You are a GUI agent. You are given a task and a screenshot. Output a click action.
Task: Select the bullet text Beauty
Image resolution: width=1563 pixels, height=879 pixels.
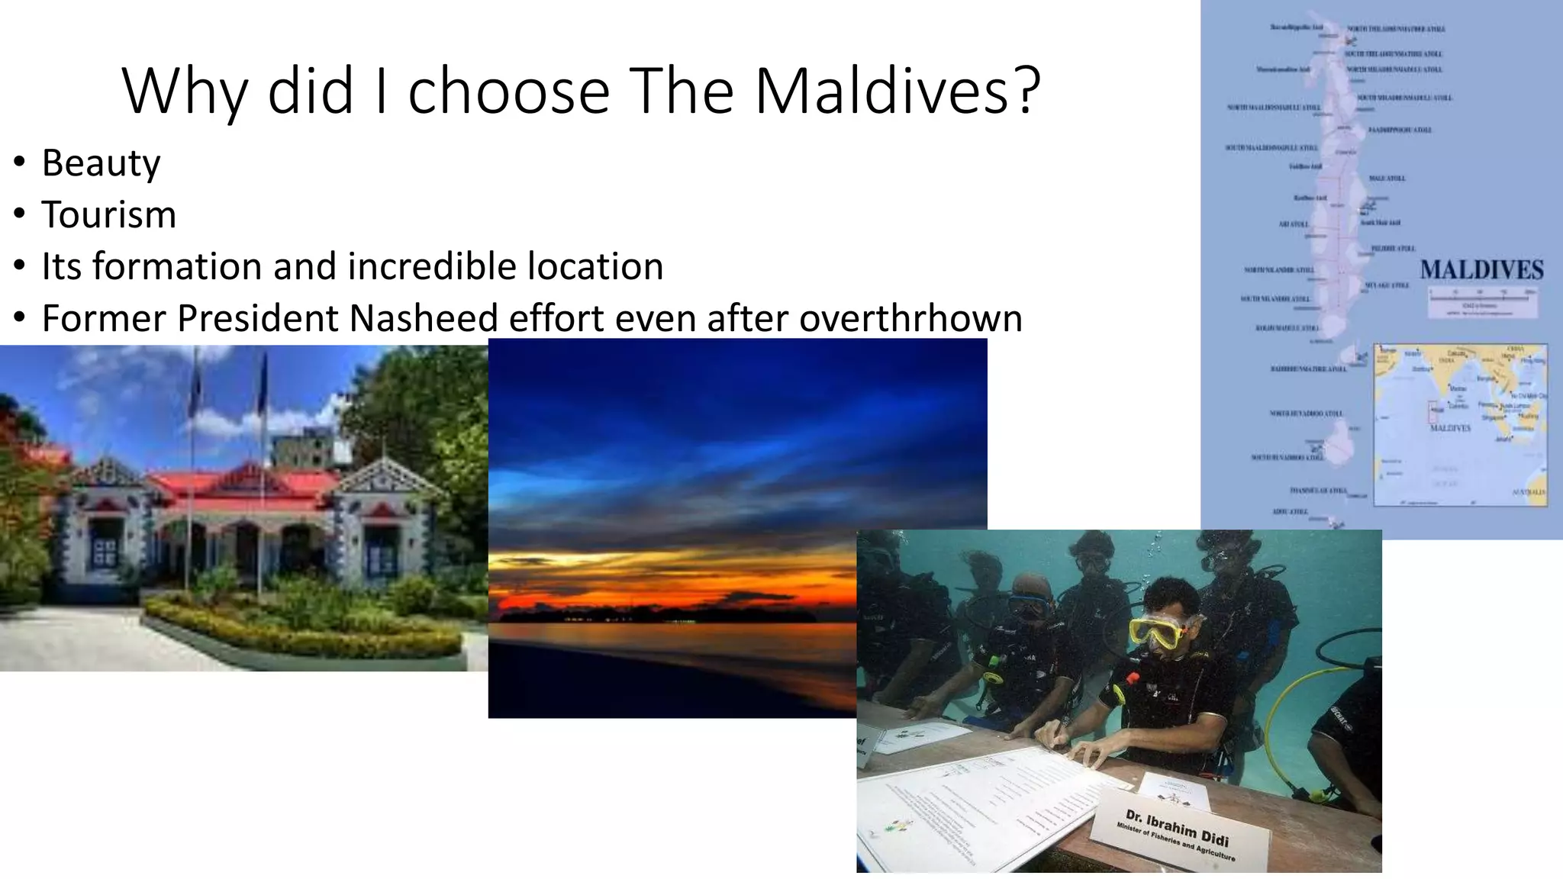point(101,163)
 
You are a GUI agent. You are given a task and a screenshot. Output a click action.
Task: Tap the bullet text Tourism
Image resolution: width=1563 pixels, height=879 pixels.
point(108,214)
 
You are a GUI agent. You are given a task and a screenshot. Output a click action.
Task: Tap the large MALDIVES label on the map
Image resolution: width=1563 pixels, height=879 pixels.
point(1481,269)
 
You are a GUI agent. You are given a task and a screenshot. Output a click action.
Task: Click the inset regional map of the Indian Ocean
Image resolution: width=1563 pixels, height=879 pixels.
point(1461,425)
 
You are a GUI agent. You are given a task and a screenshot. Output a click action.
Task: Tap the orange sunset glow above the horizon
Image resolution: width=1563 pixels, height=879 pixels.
point(672,580)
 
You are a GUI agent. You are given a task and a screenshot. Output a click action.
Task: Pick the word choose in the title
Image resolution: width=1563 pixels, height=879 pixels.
point(508,92)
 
